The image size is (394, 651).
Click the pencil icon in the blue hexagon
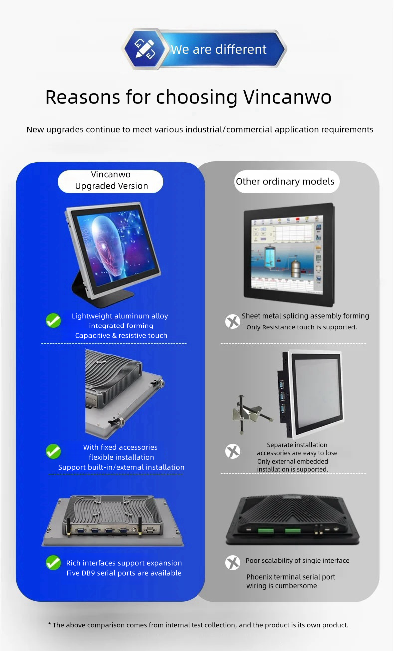tap(145, 49)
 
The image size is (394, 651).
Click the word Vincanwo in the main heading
tap(287, 97)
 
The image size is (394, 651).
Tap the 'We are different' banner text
tap(218, 49)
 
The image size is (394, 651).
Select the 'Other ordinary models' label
tap(285, 181)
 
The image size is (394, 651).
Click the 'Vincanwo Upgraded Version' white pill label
tap(111, 181)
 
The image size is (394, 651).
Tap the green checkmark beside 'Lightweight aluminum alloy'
tap(53, 321)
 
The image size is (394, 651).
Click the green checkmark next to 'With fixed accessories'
tap(53, 451)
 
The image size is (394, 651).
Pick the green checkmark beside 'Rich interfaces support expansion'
tap(53, 563)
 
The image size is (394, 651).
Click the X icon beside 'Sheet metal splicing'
tap(233, 322)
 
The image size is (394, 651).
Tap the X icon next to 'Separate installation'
tap(233, 451)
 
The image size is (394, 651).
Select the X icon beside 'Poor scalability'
tap(233, 563)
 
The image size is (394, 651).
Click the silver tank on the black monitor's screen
tap(296, 269)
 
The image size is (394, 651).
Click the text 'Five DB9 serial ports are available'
tap(124, 573)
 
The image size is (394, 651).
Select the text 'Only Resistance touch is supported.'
tap(302, 327)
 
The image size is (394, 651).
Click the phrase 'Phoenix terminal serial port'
tap(291, 577)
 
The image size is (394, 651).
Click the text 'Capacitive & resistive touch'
tap(121, 335)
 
